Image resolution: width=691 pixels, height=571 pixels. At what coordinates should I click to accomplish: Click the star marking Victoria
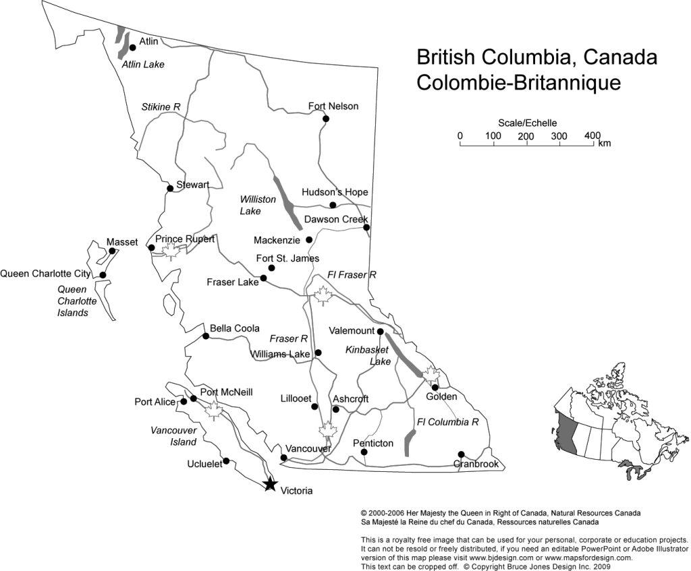tap(270, 484)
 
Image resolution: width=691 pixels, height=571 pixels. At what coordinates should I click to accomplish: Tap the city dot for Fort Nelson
tap(326, 119)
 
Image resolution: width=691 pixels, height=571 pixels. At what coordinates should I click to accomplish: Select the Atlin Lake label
tap(143, 65)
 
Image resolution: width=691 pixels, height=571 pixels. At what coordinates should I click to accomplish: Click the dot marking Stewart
tap(170, 188)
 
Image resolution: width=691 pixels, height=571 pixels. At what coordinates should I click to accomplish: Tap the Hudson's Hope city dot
tap(333, 205)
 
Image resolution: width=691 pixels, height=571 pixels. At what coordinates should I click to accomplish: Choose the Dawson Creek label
tap(335, 219)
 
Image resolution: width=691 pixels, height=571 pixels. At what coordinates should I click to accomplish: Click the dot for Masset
tap(112, 251)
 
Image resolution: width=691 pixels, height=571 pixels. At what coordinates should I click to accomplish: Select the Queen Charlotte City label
tap(45, 274)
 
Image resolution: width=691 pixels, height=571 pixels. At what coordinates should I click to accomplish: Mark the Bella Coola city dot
tap(206, 336)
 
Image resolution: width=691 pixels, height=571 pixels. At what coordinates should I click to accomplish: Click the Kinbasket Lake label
tap(368, 355)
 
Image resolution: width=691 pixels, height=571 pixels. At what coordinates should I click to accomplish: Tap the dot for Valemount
tap(381, 331)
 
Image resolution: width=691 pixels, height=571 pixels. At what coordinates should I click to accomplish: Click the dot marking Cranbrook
tap(461, 454)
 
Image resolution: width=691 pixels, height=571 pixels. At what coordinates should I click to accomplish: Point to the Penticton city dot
tap(364, 452)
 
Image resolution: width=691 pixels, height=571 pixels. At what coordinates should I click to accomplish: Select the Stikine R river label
tap(161, 107)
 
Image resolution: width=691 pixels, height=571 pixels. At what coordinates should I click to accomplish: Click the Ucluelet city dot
tap(226, 461)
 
